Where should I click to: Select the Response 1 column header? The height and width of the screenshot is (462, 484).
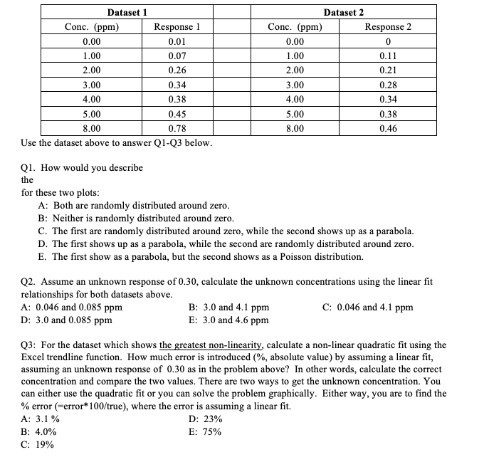click(x=177, y=27)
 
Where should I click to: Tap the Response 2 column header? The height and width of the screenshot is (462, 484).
click(x=388, y=27)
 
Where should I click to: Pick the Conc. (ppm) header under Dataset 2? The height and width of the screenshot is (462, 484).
click(x=295, y=27)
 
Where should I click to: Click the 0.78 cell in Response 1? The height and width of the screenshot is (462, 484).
click(x=177, y=129)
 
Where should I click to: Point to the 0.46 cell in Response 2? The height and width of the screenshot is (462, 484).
click(x=388, y=129)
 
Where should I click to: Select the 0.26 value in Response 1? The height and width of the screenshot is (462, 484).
click(x=177, y=70)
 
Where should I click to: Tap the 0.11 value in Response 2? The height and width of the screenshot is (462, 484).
click(x=388, y=56)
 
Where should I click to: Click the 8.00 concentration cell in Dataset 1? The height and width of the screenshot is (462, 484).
click(x=92, y=129)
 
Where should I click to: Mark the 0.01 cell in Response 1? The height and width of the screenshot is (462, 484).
click(x=177, y=42)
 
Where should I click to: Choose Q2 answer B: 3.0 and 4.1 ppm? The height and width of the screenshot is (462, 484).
click(x=228, y=308)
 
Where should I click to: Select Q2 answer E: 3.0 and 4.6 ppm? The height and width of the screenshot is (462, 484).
click(x=228, y=320)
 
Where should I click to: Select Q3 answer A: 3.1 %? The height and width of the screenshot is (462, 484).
click(x=41, y=419)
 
